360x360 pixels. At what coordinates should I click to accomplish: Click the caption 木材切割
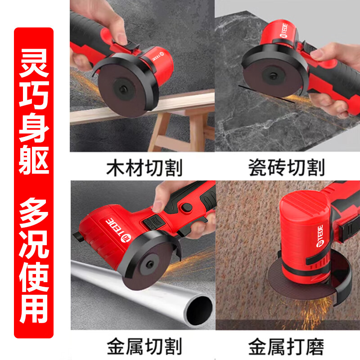point(144,168)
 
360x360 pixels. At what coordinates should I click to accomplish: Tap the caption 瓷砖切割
point(287,167)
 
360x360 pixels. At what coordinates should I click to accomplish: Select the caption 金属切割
point(144,346)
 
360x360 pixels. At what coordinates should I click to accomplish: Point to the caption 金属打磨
point(286,346)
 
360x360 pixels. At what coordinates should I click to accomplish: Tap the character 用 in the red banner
point(34,309)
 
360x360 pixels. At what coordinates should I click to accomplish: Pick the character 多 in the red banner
point(34,212)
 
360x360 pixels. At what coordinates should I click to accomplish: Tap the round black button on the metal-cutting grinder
point(187,207)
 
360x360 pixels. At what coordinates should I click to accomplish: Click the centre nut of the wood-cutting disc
point(123,89)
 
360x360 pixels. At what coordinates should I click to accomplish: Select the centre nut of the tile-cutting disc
point(273,76)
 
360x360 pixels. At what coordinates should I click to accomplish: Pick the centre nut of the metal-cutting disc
point(150,265)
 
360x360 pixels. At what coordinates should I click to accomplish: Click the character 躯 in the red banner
point(34,160)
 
